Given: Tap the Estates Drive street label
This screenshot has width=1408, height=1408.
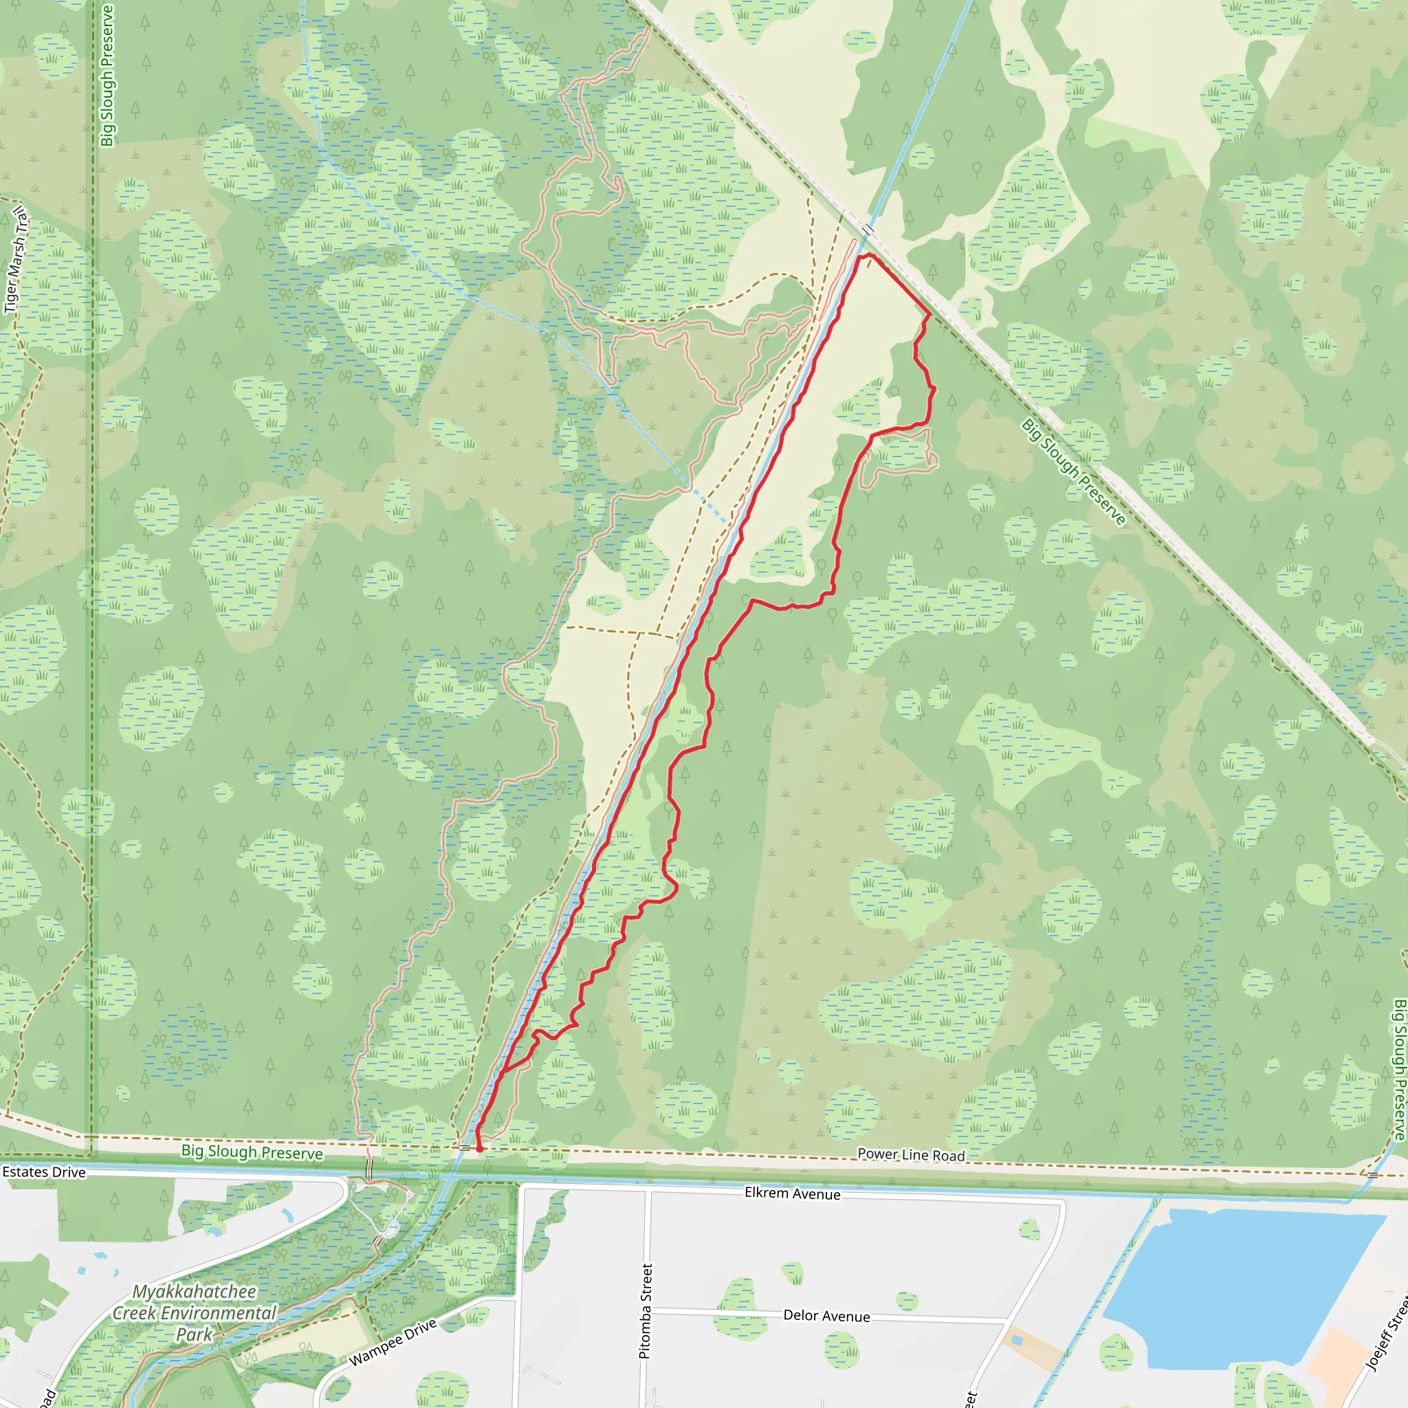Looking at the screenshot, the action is click(44, 1173).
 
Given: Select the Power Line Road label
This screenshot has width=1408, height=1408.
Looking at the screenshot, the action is click(911, 1154).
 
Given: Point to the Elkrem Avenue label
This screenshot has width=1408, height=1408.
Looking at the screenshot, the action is click(792, 1193).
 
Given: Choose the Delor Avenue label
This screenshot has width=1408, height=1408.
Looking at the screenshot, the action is click(826, 1316).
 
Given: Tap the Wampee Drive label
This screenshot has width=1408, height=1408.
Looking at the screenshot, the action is click(392, 1343).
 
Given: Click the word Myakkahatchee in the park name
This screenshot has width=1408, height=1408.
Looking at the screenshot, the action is click(195, 1291).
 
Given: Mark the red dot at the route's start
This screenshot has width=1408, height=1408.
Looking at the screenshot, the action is click(480, 1149).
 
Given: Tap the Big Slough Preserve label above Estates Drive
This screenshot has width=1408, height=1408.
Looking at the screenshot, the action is click(252, 1152).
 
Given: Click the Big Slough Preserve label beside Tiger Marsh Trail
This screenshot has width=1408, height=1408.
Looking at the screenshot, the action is click(107, 75).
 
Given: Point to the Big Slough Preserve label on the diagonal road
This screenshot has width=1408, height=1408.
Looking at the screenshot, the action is click(1073, 472).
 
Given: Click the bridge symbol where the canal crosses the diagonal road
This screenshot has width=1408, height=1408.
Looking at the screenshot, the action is click(867, 230).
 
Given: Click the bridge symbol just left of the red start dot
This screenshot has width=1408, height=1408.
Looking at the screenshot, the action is click(465, 1148).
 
